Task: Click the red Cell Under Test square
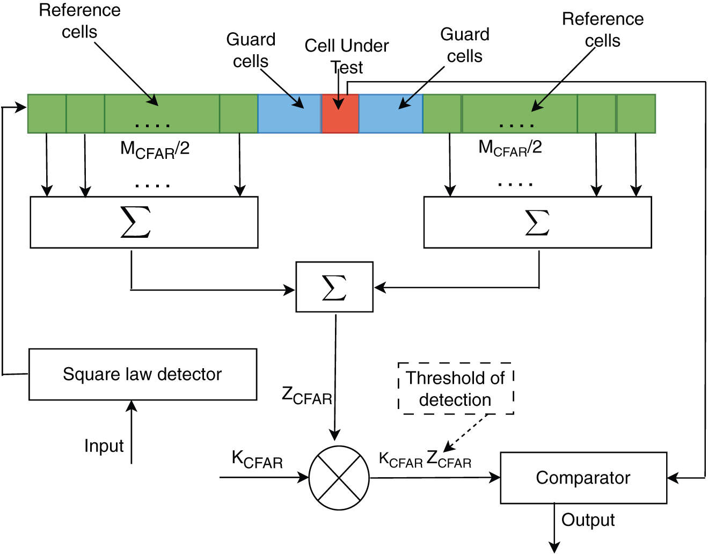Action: tap(340, 114)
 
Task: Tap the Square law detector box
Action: tap(143, 374)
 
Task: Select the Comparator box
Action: tap(583, 478)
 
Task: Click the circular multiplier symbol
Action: tap(339, 478)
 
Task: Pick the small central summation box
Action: tap(334, 287)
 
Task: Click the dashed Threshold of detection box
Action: tap(456, 389)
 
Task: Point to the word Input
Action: tap(104, 446)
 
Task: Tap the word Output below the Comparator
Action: tap(588, 520)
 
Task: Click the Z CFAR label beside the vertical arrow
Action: tap(306, 396)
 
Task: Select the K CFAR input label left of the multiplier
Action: tap(257, 459)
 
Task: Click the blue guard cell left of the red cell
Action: tap(289, 114)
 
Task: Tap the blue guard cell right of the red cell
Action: tap(391, 114)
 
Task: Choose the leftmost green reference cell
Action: tap(47, 114)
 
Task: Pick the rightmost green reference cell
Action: tap(636, 114)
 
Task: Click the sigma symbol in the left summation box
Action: tap(136, 222)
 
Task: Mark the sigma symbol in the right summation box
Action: tap(537, 222)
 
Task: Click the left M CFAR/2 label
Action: tap(155, 150)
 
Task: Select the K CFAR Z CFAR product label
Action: tap(425, 459)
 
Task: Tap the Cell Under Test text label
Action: tap(347, 56)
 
